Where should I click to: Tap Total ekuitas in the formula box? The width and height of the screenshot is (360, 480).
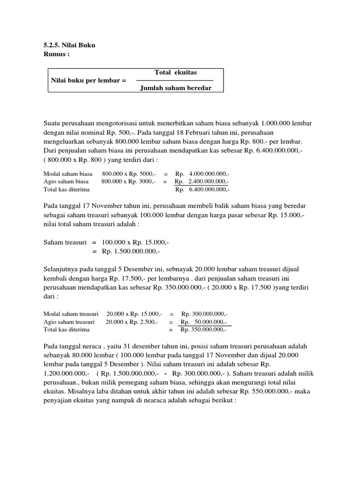(x=175, y=73)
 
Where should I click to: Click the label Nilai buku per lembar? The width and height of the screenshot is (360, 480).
(x=88, y=81)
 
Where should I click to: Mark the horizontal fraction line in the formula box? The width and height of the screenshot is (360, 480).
(x=171, y=81)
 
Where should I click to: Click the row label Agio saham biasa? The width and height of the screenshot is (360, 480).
(x=66, y=181)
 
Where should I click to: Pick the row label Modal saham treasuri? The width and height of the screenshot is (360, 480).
(x=70, y=314)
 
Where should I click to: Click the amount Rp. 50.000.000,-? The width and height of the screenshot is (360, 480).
(x=204, y=322)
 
